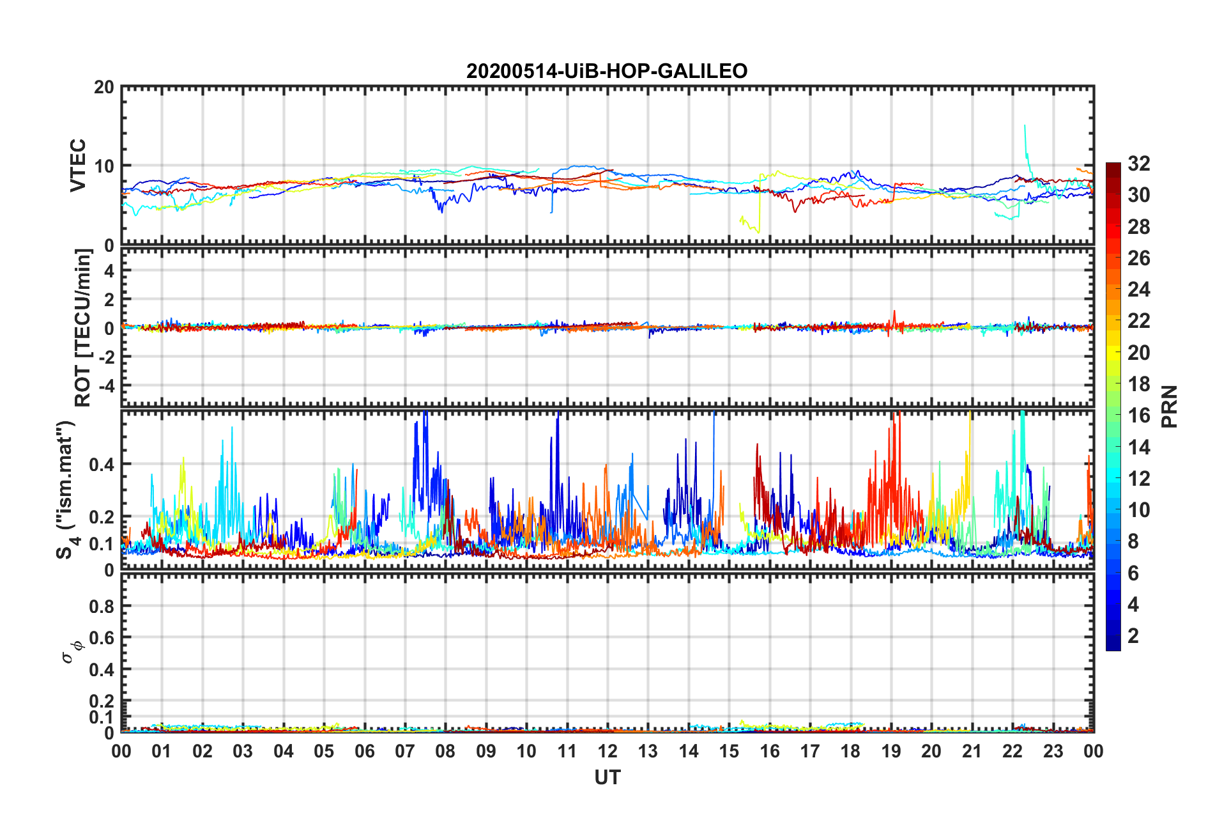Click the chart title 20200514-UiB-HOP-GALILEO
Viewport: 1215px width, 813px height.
point(606,71)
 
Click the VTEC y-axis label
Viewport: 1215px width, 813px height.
point(78,166)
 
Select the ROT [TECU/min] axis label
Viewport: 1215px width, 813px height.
point(83,328)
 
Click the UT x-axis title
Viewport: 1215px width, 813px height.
point(607,777)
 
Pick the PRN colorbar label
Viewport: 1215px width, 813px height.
point(1170,407)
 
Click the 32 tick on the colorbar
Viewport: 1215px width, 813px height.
point(1139,164)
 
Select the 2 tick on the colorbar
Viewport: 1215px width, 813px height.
point(1133,636)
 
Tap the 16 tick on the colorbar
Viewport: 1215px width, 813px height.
point(1139,415)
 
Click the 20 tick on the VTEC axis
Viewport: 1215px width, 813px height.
point(103,88)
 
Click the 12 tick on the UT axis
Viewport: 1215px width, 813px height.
point(607,751)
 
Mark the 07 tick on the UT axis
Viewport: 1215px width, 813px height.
point(405,751)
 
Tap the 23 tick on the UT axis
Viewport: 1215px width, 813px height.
point(1053,751)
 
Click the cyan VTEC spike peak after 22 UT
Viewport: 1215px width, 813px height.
point(1025,126)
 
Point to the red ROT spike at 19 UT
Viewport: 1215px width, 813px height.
point(894,312)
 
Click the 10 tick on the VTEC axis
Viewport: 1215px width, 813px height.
point(103,166)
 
